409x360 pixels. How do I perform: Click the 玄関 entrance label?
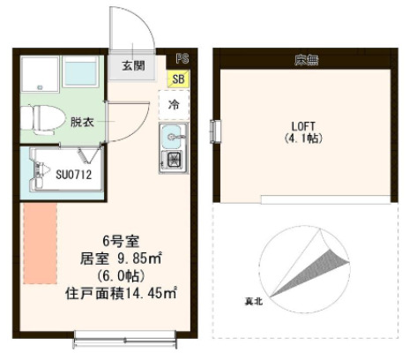pyautogui.click(x=134, y=65)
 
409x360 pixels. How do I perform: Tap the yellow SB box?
pyautogui.click(x=179, y=79)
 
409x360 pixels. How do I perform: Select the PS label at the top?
pyautogui.click(x=182, y=57)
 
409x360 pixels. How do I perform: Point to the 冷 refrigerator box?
pyautogui.click(x=174, y=104)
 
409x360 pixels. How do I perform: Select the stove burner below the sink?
pyautogui.click(x=174, y=161)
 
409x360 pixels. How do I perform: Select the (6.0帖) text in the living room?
pyautogui.click(x=113, y=276)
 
